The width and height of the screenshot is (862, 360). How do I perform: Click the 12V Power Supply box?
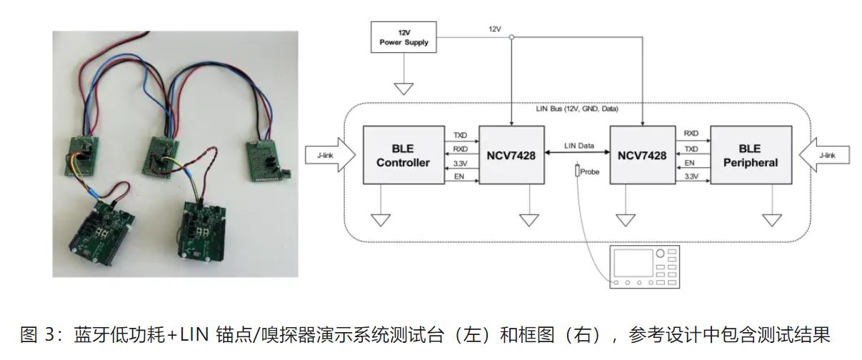pyautogui.click(x=405, y=37)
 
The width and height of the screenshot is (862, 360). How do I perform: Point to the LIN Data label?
pyautogui.click(x=579, y=146)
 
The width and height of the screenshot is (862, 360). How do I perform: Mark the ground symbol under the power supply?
pyautogui.click(x=405, y=89)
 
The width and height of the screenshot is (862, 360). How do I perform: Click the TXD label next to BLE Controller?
pyautogui.click(x=460, y=134)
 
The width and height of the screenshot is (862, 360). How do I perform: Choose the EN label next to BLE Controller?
pyautogui.click(x=458, y=176)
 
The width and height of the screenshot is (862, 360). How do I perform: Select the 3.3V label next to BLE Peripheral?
pyautogui.click(x=691, y=176)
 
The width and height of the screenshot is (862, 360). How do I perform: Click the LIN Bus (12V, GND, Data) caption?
pyautogui.click(x=577, y=109)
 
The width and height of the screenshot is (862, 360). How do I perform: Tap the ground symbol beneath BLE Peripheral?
pyautogui.click(x=772, y=219)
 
